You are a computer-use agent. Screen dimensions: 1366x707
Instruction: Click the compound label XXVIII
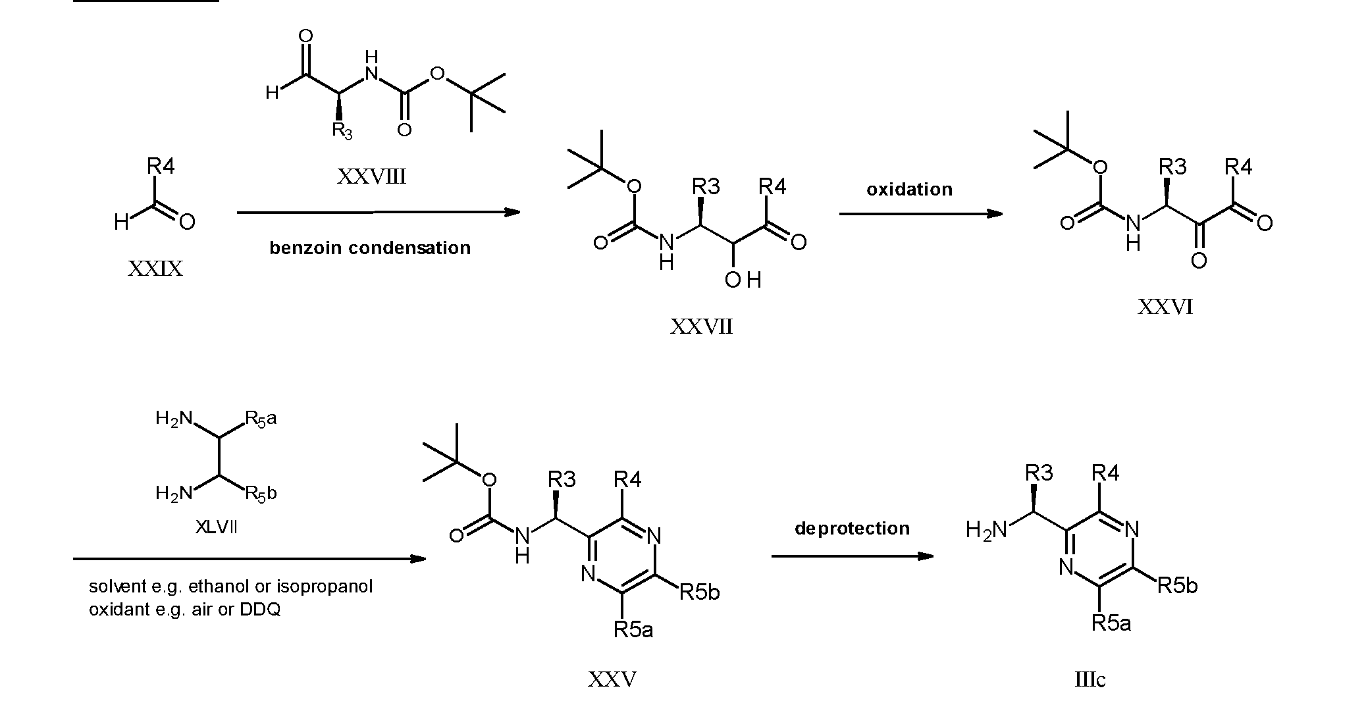(371, 176)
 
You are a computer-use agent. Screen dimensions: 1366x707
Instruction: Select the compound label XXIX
(155, 269)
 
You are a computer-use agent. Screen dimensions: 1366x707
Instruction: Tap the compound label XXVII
(701, 327)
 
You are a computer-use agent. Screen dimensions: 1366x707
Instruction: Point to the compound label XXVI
(1165, 307)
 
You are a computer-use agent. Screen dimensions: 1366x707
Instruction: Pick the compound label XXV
(612, 679)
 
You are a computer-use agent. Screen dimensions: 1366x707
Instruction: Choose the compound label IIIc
(1090, 679)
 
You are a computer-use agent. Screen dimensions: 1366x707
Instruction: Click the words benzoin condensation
(370, 248)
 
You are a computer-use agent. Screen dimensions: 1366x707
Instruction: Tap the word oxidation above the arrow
(909, 190)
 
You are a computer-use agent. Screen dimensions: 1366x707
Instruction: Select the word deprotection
(852, 528)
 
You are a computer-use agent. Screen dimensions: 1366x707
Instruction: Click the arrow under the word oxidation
(921, 213)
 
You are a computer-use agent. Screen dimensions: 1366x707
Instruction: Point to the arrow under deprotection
(853, 556)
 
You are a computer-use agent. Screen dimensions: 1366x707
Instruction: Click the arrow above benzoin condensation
(379, 212)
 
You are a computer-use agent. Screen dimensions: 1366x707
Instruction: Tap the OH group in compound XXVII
(743, 280)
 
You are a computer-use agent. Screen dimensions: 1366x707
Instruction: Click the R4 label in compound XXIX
(161, 167)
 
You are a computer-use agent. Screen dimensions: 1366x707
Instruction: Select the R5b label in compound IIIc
(1177, 585)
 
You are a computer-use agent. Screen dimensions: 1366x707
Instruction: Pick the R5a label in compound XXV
(633, 630)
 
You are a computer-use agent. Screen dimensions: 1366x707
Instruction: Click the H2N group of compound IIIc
(986, 530)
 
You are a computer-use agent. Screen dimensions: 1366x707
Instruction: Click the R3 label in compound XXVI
(1172, 167)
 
